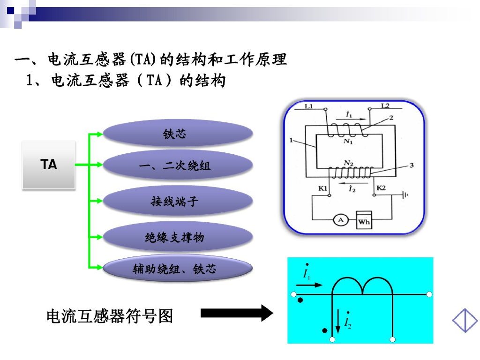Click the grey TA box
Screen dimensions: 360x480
click(x=49, y=165)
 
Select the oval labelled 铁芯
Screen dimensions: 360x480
click(x=178, y=134)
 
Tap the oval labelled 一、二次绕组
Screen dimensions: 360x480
click(x=178, y=165)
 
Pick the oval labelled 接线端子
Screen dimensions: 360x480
click(x=178, y=202)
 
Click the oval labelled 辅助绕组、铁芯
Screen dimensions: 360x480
click(x=178, y=269)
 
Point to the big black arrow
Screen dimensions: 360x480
click(x=237, y=313)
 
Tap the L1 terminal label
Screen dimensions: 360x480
click(x=309, y=106)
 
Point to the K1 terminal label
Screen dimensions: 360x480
click(x=322, y=188)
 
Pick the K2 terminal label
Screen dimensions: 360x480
click(x=381, y=188)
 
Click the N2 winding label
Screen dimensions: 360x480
click(x=348, y=163)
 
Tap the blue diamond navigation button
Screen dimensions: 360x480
click(x=465, y=321)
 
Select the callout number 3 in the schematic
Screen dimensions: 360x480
click(x=411, y=165)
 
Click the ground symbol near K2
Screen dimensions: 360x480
click(x=404, y=195)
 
